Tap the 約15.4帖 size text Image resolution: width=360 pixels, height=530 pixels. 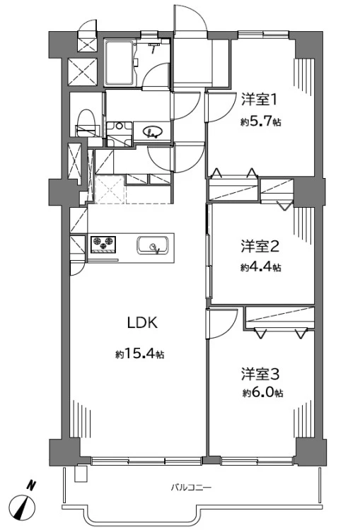pos(141,353)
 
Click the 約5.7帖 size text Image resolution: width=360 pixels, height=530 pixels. pos(260,122)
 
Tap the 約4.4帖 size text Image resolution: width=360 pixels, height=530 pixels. pos(260,267)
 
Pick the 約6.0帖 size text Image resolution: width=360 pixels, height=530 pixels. pos(261,393)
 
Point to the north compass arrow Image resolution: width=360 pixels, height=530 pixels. pos(27,507)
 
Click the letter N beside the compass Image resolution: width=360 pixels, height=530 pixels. pos(30,485)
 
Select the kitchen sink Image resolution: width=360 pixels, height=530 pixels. pos(152,246)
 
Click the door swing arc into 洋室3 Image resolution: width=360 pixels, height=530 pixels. pos(221,326)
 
